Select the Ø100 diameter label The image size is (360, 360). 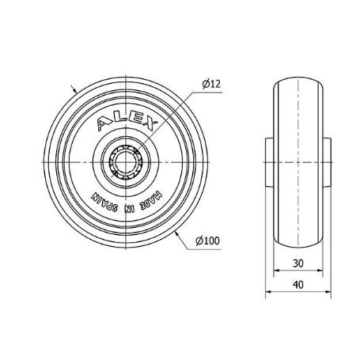click(x=208, y=242)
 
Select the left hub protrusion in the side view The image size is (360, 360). click(x=268, y=161)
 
